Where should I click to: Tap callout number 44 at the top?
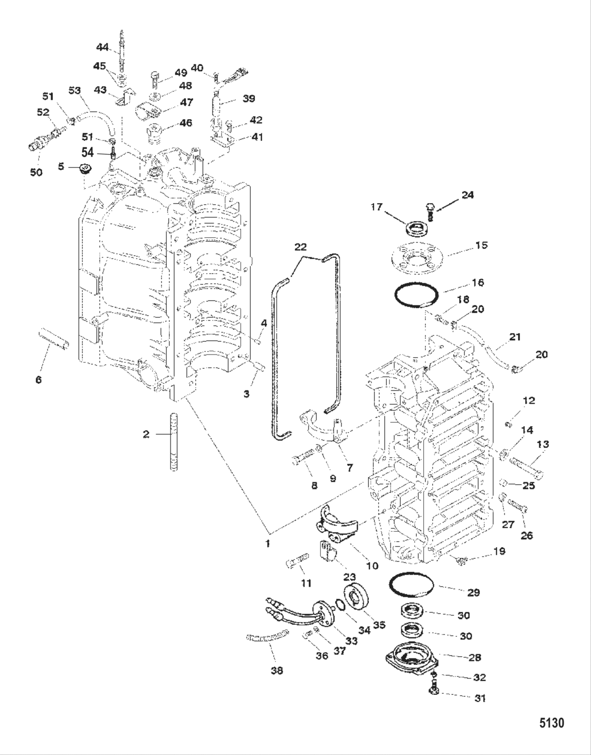point(102,47)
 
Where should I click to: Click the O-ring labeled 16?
point(416,295)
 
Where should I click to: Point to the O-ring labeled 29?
point(412,584)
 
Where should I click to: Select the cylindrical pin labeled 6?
point(53,338)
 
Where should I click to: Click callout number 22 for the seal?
point(300,247)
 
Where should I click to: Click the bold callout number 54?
point(88,152)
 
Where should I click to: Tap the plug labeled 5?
point(84,168)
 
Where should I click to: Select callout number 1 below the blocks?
point(268,543)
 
